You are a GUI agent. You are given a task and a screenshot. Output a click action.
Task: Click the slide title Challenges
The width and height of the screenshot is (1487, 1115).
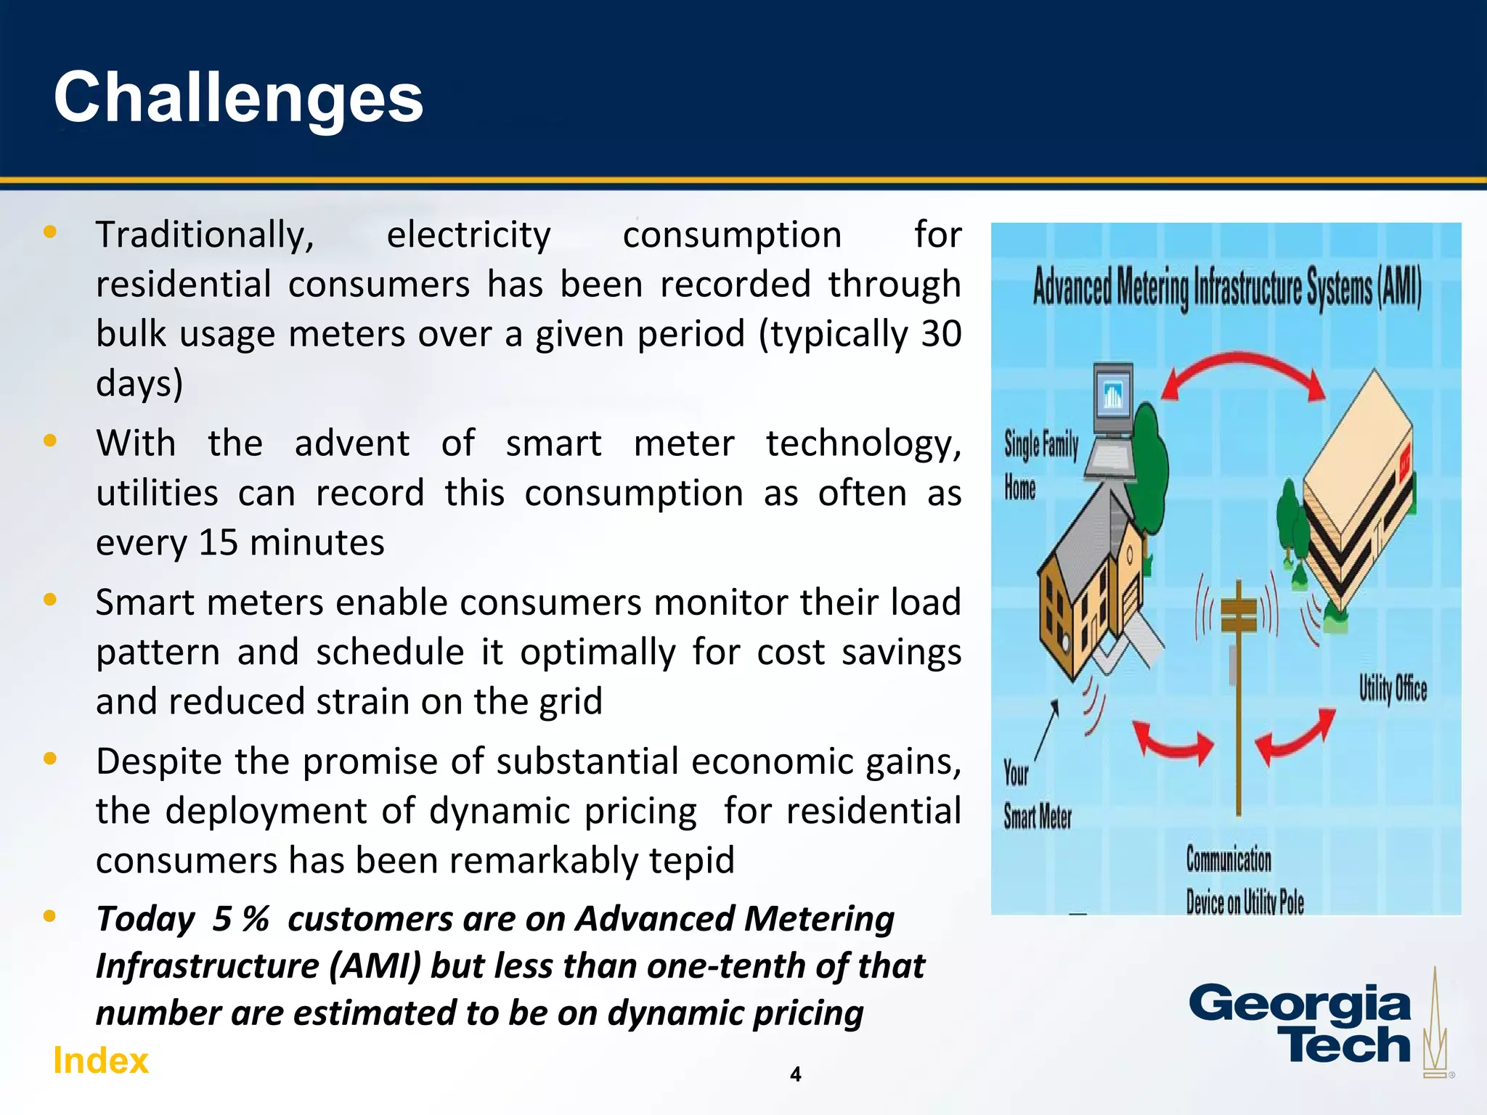[x=238, y=98]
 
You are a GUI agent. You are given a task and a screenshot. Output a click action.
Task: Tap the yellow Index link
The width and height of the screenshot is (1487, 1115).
[x=100, y=1061]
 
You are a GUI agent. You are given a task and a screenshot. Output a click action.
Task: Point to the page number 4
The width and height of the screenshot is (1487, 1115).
[x=795, y=1074]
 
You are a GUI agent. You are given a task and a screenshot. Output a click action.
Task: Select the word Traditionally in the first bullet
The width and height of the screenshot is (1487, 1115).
[x=205, y=235]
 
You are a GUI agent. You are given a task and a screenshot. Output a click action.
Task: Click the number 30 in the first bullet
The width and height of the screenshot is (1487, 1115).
[x=941, y=334]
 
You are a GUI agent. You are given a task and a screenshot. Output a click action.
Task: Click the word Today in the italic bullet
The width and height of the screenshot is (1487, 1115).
[x=145, y=919]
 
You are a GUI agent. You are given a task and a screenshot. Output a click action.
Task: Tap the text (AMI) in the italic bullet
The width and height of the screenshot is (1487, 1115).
[x=375, y=966]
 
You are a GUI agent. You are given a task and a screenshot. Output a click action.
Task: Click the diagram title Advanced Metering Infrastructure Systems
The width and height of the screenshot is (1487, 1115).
[x=1226, y=288]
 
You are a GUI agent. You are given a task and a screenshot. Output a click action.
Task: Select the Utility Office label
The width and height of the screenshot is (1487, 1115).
[x=1392, y=688]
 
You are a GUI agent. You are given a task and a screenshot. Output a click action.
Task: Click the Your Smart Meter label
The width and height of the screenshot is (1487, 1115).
[x=1036, y=796]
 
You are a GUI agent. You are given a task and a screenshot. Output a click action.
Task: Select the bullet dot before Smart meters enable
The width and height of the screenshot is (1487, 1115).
[x=50, y=600]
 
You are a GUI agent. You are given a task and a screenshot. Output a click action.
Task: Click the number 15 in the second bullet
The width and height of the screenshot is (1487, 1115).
[x=218, y=543]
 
